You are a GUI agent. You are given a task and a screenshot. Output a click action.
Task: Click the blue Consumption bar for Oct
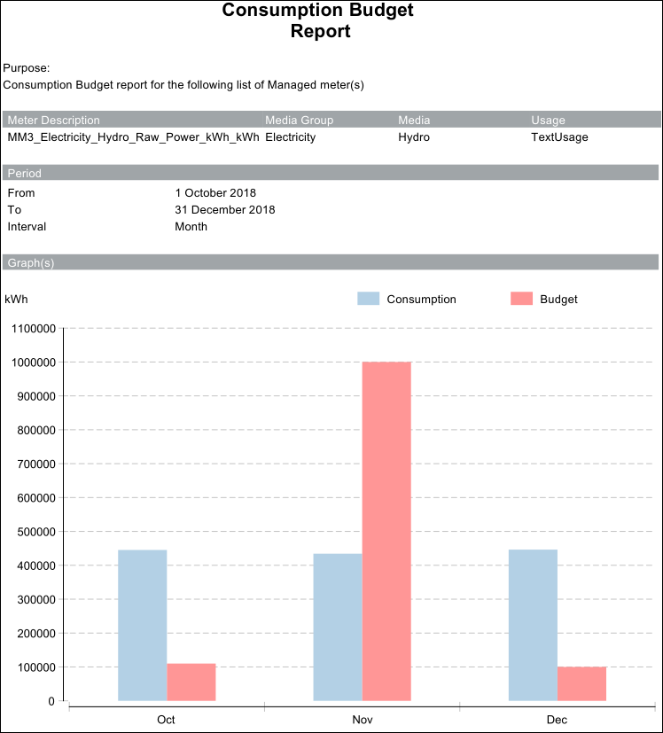[x=142, y=625]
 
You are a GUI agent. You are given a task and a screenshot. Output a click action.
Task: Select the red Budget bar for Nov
[x=386, y=531]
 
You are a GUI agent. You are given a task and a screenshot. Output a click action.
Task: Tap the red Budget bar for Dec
[x=581, y=683]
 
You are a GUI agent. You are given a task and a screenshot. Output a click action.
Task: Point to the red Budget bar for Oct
[x=191, y=682]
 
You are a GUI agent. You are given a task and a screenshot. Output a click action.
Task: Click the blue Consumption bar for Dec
[x=533, y=625]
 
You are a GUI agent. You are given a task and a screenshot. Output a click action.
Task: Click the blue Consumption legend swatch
[x=369, y=299]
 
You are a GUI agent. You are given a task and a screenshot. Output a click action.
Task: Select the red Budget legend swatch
[x=522, y=299]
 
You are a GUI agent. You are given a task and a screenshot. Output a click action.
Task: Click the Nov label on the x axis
[x=362, y=720]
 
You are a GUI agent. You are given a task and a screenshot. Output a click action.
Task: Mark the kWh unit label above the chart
[x=16, y=300]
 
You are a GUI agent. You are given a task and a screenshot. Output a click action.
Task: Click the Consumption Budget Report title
[x=318, y=21]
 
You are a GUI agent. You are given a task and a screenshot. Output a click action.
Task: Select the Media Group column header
[x=299, y=121]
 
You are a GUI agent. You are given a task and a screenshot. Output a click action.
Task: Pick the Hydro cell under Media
[x=413, y=137]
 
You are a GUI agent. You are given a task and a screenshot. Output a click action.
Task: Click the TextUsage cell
[x=559, y=137]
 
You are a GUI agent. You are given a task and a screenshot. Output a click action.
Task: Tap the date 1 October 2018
[x=215, y=193]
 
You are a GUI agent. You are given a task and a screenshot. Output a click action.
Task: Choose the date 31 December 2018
[x=225, y=210]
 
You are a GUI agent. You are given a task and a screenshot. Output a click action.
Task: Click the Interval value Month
[x=191, y=227]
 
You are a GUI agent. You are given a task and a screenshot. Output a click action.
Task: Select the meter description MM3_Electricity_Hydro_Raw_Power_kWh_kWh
[x=133, y=137]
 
